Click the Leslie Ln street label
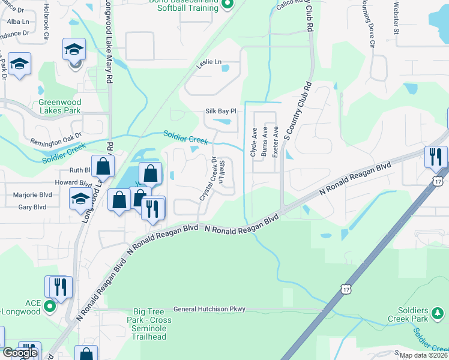pos(209,62)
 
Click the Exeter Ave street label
pos(275,142)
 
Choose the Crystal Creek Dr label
pos(208,178)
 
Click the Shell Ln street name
pos(221,172)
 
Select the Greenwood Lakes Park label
pos(59,106)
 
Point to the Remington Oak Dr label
pos(56,142)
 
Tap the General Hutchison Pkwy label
pos(209,310)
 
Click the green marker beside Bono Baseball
pos(227,6)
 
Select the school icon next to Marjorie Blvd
pos(80,198)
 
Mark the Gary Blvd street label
pos(32,207)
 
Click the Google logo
pos(19,353)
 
